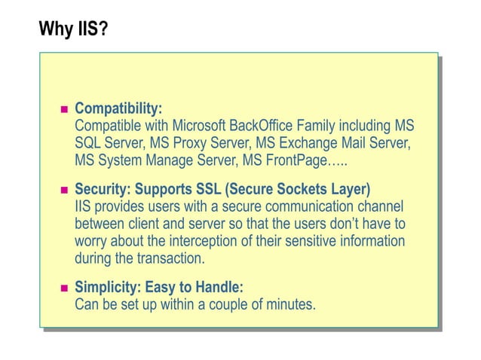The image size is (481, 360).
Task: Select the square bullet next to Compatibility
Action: point(64,110)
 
